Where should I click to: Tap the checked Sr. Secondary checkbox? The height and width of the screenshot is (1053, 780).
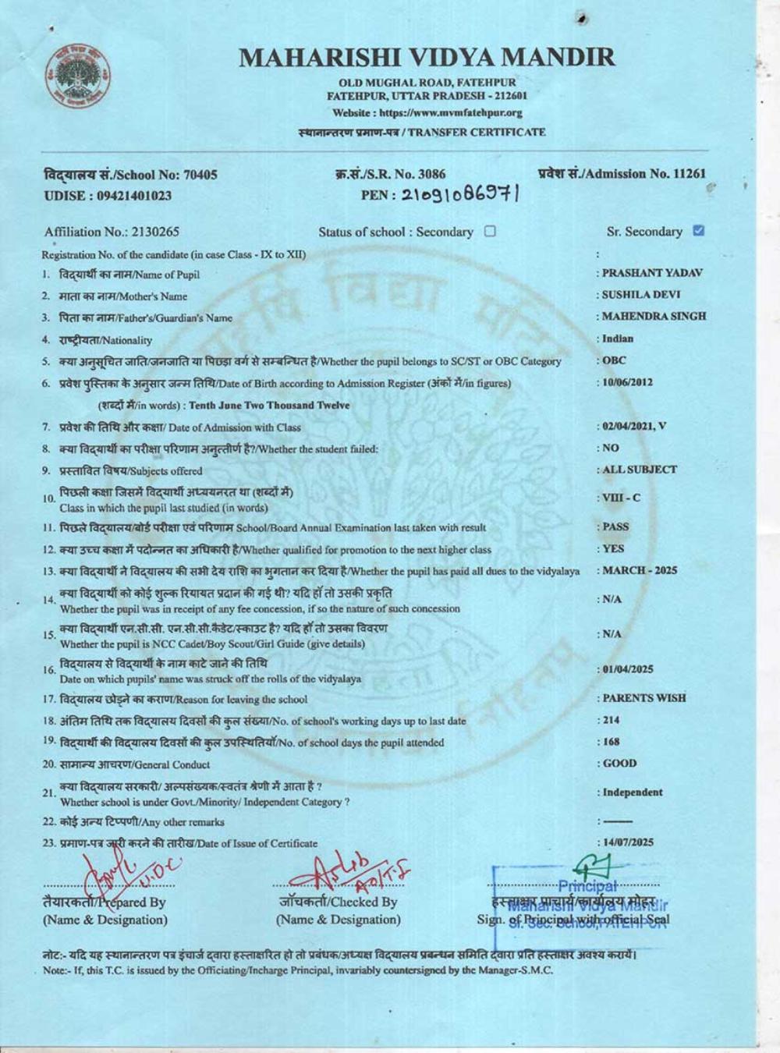(x=698, y=231)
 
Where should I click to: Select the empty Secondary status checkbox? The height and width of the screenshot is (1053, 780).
(x=490, y=231)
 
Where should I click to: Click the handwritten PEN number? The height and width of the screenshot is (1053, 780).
(x=461, y=195)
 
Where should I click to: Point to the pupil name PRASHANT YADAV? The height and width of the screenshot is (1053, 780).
(x=652, y=273)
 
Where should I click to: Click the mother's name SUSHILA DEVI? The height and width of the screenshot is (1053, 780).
(x=641, y=295)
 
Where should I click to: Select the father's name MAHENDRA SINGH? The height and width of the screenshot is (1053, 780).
(x=654, y=317)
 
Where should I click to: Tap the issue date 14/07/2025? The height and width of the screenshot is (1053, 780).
(x=627, y=842)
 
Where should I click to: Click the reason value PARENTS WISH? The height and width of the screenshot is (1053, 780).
(x=644, y=698)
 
